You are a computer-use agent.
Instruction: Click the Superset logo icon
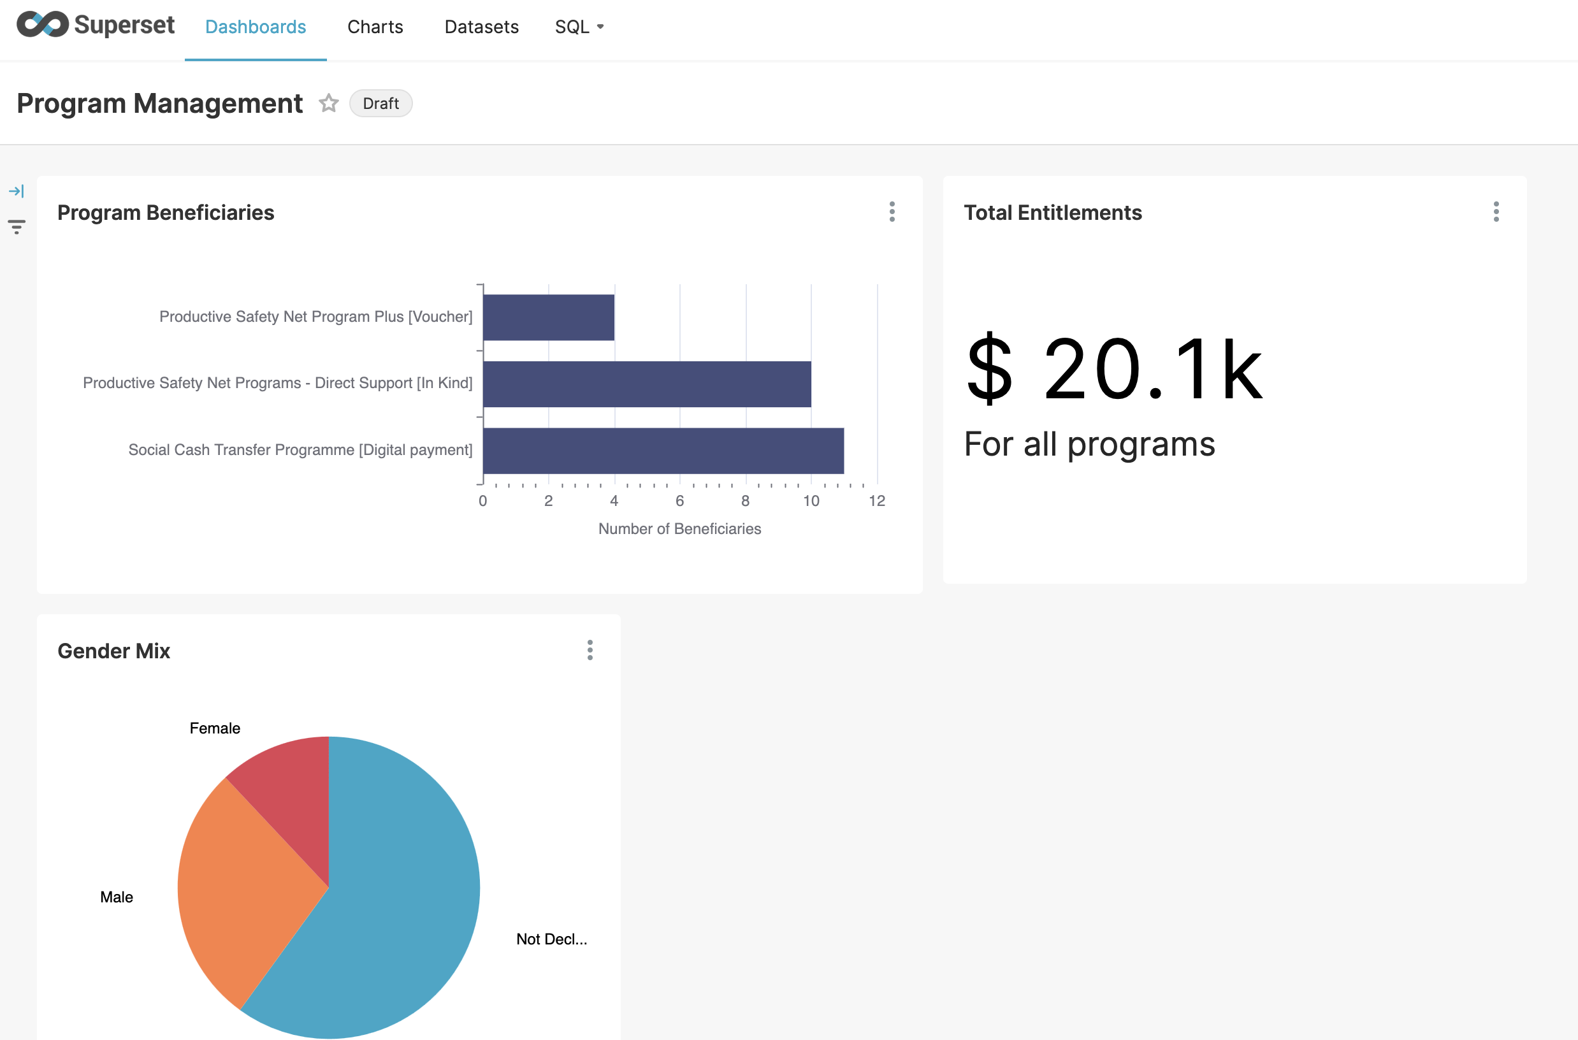coord(43,25)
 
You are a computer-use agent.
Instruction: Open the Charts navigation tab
coord(375,27)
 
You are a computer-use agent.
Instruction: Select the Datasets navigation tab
coord(481,27)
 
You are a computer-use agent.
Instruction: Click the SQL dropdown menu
coord(579,27)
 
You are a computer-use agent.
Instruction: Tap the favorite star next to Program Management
coord(328,103)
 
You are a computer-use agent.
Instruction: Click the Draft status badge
coord(380,103)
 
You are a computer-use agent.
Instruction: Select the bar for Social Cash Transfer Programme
coord(663,451)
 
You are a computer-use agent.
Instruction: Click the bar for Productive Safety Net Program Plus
coord(548,317)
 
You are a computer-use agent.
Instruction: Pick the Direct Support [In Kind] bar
coord(647,384)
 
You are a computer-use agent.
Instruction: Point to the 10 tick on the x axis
coord(811,501)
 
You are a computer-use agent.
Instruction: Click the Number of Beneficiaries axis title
coord(679,529)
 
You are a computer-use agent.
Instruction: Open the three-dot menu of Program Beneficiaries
coord(892,212)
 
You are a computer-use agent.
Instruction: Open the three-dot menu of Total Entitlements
coord(1496,212)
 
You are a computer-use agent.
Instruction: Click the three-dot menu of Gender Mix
coord(590,650)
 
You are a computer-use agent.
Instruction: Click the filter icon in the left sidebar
coord(17,227)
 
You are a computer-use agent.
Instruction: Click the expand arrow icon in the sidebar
coord(17,192)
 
